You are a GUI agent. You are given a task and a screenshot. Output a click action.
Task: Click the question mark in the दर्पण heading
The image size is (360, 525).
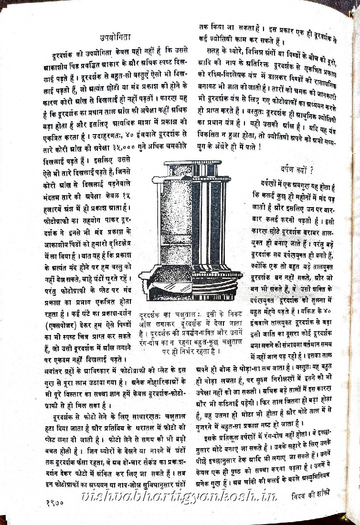coord(311,169)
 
